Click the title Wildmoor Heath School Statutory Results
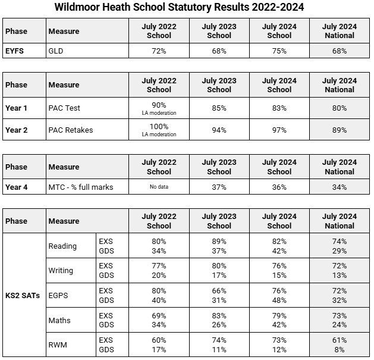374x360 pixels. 187,8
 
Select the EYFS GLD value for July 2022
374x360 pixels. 159,51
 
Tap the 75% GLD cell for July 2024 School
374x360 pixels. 279,51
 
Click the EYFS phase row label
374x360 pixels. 15,51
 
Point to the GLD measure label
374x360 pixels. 55,51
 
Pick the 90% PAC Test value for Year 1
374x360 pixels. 159,105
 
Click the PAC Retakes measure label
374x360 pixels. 70,130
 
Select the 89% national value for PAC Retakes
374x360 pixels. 340,130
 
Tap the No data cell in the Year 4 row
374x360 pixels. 159,187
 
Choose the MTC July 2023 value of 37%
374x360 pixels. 219,187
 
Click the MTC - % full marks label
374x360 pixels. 80,187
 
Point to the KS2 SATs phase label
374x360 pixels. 23,296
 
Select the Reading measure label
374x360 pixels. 62,246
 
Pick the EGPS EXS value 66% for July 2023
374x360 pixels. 219,290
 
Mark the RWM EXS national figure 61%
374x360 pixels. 340,340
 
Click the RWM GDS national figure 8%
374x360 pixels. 340,350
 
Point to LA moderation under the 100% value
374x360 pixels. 159,134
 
